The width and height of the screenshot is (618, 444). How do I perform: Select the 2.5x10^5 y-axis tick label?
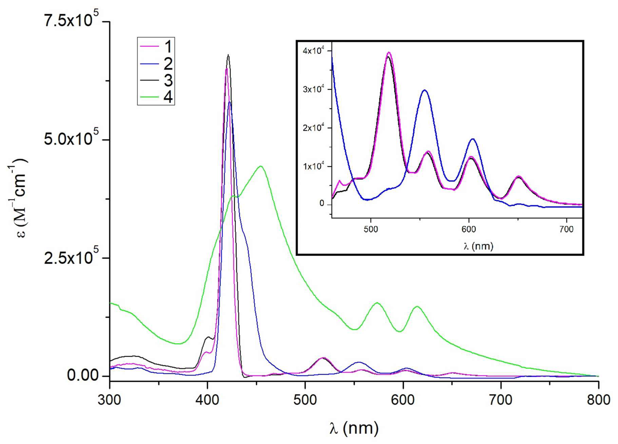point(71,258)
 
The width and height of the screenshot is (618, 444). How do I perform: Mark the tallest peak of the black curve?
point(228,55)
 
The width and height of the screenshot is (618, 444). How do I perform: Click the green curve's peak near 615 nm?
point(417,307)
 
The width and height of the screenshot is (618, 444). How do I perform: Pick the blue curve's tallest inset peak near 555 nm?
point(424,90)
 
